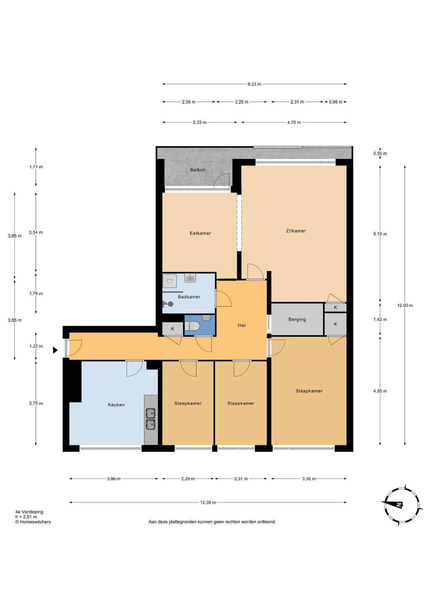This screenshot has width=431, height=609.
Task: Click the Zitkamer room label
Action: click(296, 231)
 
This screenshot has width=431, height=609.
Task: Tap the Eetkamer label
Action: click(200, 233)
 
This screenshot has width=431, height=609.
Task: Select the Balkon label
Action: click(198, 170)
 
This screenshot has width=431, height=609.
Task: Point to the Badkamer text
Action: click(189, 297)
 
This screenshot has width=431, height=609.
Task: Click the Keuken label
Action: click(116, 405)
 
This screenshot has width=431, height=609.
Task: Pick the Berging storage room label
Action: click(297, 319)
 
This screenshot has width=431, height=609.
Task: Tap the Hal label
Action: click(242, 325)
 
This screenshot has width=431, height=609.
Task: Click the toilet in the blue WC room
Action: click(192, 326)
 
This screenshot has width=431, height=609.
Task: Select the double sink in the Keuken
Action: click(150, 419)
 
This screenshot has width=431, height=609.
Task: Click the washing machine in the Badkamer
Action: click(169, 281)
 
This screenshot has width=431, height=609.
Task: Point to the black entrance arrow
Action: click(55, 350)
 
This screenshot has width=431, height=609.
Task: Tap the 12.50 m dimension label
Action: click(405, 305)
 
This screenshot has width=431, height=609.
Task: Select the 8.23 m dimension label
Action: click(254, 84)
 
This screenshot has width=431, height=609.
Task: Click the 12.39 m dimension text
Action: click(208, 502)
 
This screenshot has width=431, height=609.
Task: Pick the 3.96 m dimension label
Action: click(114, 479)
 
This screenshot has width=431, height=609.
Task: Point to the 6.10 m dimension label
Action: click(380, 234)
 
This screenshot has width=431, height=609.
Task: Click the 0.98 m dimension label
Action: click(335, 102)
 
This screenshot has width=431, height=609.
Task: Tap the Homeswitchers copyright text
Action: click(33, 522)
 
